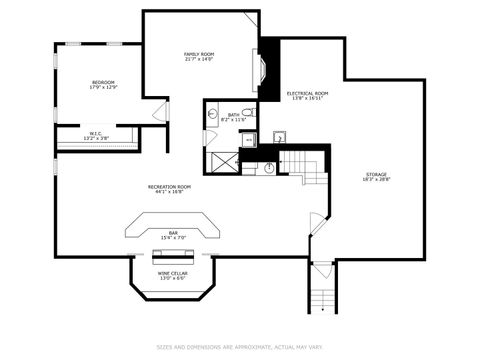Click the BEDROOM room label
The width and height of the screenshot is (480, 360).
click(x=103, y=84)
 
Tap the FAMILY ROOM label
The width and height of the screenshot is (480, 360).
click(x=199, y=56)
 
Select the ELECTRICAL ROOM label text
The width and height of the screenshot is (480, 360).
click(x=307, y=95)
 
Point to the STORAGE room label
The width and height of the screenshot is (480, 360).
click(x=375, y=177)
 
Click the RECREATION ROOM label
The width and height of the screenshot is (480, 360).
click(x=169, y=188)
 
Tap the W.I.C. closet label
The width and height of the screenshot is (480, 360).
click(x=96, y=135)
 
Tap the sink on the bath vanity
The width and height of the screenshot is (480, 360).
click(x=212, y=115)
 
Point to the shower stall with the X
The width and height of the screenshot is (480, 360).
click(x=223, y=161)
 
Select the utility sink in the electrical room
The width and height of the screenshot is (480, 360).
click(x=278, y=137)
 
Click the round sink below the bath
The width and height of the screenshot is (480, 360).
click(x=270, y=167)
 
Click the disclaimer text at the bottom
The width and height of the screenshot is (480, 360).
click(x=240, y=348)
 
